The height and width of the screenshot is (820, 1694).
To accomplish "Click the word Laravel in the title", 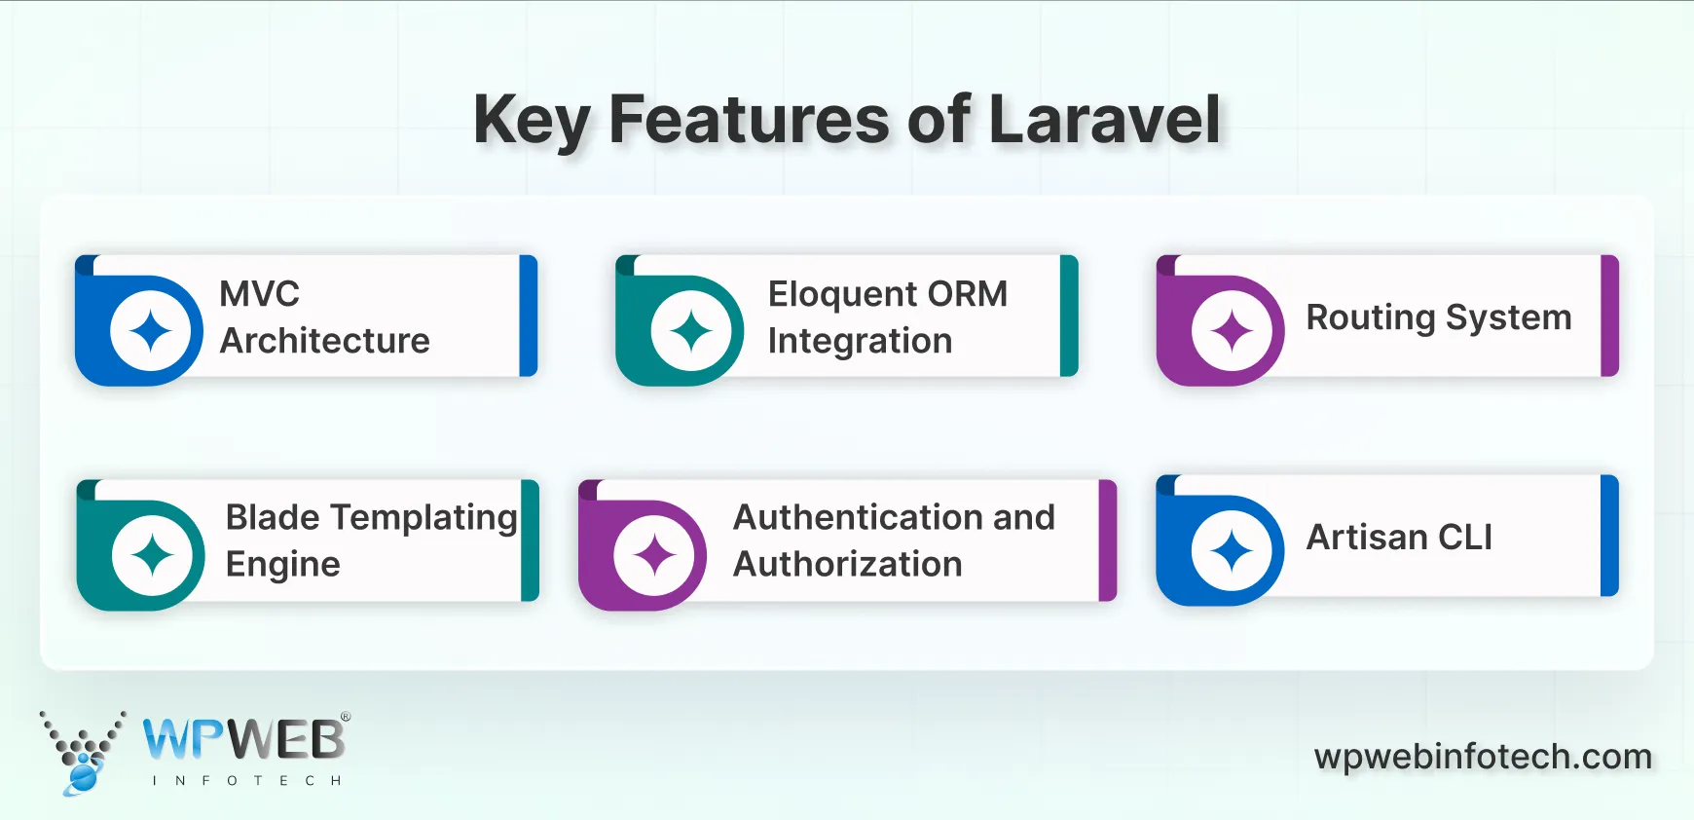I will coord(1104,120).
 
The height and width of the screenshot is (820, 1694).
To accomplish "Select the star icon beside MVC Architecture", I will coord(151,331).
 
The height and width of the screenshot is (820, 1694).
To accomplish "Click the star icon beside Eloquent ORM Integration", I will coord(691,331).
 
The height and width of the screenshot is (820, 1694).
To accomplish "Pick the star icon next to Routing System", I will coord(1232,331).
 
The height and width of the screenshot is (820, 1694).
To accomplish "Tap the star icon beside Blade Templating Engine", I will coord(153,555).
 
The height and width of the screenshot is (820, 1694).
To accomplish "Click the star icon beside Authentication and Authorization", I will coord(654,555).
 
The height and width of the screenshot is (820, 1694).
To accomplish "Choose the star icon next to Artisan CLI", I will coord(1232,551).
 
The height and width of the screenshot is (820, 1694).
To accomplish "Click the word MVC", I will coord(259,294).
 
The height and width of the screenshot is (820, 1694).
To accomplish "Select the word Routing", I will coord(1370,317).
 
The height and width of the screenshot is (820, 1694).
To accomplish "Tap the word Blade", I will coord(273,517).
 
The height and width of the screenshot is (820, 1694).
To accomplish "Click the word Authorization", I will coord(847,564).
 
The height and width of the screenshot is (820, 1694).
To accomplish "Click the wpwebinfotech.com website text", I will coord(1483,757).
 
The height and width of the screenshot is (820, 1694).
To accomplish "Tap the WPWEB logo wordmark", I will coord(243,740).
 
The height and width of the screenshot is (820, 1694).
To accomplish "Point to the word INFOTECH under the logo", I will coord(246,781).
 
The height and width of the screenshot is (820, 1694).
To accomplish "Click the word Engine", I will coord(282,565).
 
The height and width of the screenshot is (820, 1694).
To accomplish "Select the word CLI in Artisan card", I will coord(1464,538).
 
